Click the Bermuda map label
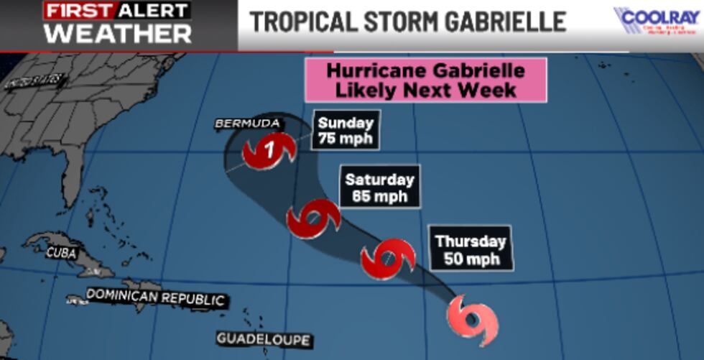[x=247, y=124]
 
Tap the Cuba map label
[x=61, y=252]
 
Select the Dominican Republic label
[x=155, y=297]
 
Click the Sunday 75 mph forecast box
[x=346, y=131]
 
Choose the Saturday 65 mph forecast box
[x=379, y=187]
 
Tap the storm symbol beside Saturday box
[x=312, y=219]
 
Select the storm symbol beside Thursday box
[x=388, y=259]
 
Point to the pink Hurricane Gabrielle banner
[x=426, y=80]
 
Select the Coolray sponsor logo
[x=657, y=22]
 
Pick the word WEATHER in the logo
[x=119, y=32]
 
